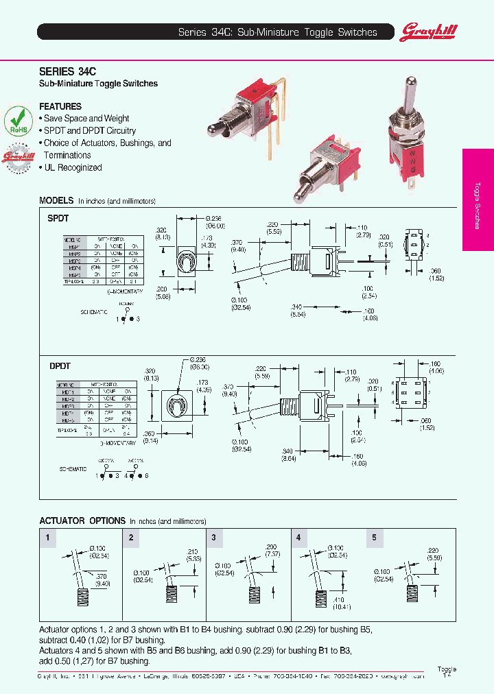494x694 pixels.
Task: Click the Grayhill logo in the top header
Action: [429, 31]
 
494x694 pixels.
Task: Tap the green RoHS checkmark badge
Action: [19, 119]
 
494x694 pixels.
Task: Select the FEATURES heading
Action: [60, 106]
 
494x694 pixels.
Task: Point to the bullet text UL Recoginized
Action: [73, 167]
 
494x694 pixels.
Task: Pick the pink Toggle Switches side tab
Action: [478, 200]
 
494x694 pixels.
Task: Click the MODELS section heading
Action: [56, 201]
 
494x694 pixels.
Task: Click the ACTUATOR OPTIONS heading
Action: [82, 520]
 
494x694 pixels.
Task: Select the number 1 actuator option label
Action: [47, 538]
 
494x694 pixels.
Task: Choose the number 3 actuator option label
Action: [214, 538]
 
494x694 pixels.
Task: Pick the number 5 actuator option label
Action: [374, 538]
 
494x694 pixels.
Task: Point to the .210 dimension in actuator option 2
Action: [193, 550]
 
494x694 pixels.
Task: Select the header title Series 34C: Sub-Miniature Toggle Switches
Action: [277, 32]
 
